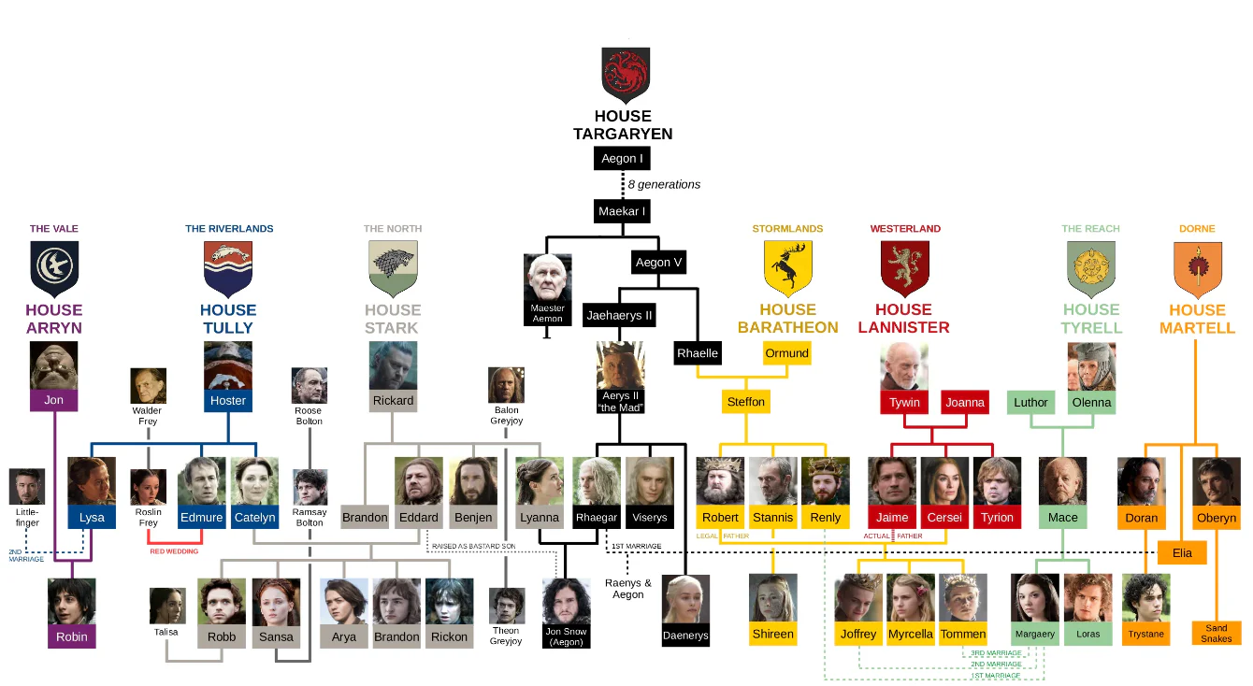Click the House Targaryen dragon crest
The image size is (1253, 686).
coord(625,75)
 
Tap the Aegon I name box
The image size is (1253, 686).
coord(622,159)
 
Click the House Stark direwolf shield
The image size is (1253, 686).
coord(393,268)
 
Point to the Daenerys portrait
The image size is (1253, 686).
coord(686,600)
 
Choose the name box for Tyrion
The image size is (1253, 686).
coord(997,517)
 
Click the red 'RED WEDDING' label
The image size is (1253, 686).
coord(174,551)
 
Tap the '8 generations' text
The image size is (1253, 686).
coord(664,185)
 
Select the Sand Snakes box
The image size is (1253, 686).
coord(1217,634)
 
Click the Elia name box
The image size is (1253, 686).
coord(1182,552)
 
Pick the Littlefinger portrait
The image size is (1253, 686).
coord(27,487)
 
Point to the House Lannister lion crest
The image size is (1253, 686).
coord(904,268)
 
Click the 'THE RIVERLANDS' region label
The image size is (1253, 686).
coord(229,229)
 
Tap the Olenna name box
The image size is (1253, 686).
coord(1091,403)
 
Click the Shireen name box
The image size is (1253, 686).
coord(772,634)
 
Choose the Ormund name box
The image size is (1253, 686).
coord(786,353)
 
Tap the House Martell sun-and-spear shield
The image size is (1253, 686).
coord(1197,268)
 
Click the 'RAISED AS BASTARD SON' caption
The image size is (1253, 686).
coord(473,546)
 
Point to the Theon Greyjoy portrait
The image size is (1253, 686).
coord(506,606)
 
